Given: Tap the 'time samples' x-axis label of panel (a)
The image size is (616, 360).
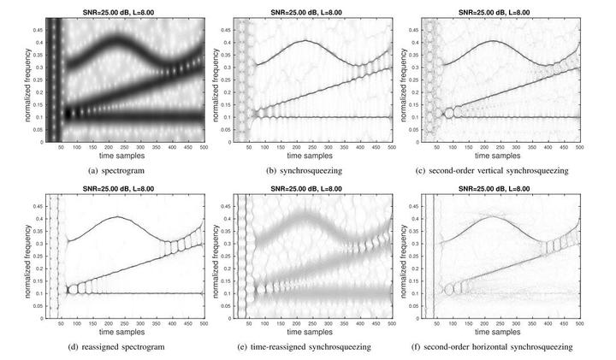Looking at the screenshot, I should (125, 156).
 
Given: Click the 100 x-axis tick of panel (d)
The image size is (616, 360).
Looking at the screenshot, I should (76, 326).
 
